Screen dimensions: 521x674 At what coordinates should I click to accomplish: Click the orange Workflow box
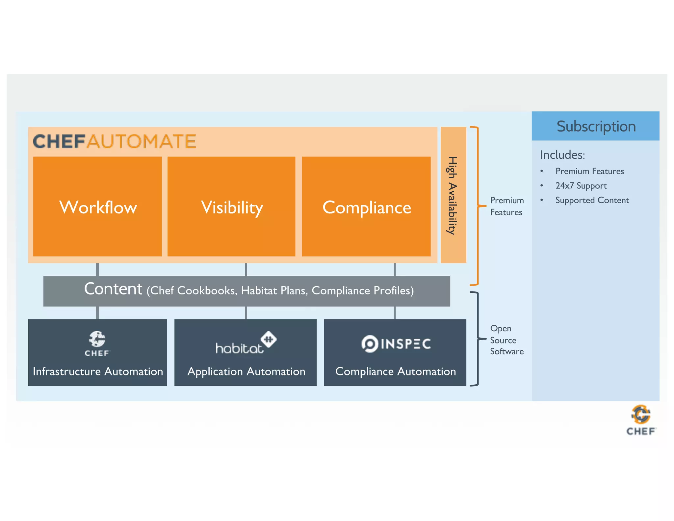click(x=97, y=206)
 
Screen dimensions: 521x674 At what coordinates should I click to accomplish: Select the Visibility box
click(x=231, y=206)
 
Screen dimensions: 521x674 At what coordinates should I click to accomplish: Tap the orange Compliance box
click(x=366, y=206)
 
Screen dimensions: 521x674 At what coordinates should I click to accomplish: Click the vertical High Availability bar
click(x=453, y=195)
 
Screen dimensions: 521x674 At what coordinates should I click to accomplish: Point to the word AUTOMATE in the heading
click(x=142, y=142)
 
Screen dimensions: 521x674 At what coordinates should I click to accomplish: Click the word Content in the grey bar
click(x=113, y=289)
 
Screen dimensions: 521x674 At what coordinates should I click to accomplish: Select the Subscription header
click(x=595, y=126)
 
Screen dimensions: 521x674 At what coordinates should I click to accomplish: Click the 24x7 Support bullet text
click(x=581, y=186)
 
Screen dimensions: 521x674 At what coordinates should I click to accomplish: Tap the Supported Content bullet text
click(x=592, y=200)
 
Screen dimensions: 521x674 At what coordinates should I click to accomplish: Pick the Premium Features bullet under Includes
click(x=589, y=171)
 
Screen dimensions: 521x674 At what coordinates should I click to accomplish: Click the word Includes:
click(x=562, y=155)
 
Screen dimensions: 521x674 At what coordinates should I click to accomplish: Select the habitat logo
click(x=245, y=343)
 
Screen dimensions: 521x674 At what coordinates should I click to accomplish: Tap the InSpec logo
click(x=396, y=344)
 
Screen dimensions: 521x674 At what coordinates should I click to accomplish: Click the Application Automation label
click(x=246, y=371)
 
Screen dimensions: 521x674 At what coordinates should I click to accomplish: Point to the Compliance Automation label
click(x=395, y=371)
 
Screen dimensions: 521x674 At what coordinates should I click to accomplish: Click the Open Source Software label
click(x=506, y=340)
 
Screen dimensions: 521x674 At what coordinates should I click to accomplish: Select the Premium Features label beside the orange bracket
click(x=506, y=206)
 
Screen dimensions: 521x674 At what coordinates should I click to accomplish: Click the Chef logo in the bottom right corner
click(x=641, y=420)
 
